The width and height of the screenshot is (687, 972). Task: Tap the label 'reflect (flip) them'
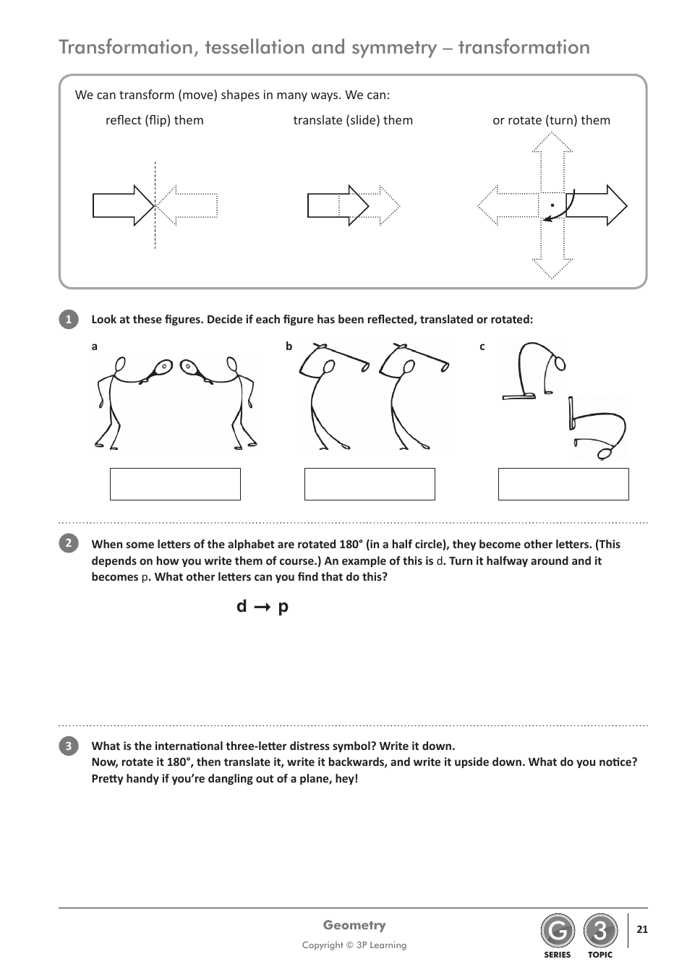click(155, 120)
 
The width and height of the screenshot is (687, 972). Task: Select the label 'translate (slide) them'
click(353, 120)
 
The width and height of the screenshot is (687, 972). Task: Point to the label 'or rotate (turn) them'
click(551, 120)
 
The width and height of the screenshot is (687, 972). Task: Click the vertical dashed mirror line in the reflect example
click(155, 231)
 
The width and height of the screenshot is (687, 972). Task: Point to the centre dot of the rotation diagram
click(552, 205)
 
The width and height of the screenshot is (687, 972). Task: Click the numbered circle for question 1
click(68, 320)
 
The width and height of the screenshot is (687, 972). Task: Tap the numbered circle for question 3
click(68, 746)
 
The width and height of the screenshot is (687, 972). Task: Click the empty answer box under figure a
click(175, 484)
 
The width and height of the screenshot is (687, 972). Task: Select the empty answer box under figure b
click(370, 484)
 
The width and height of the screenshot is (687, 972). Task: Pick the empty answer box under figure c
click(563, 484)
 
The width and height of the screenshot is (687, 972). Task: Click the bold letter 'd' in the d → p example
click(242, 606)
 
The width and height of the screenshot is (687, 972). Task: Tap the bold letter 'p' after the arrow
click(283, 607)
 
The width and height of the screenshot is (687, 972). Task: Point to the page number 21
click(642, 929)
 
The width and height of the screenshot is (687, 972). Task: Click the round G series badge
click(557, 931)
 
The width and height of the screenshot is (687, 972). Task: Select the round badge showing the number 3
click(600, 931)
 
